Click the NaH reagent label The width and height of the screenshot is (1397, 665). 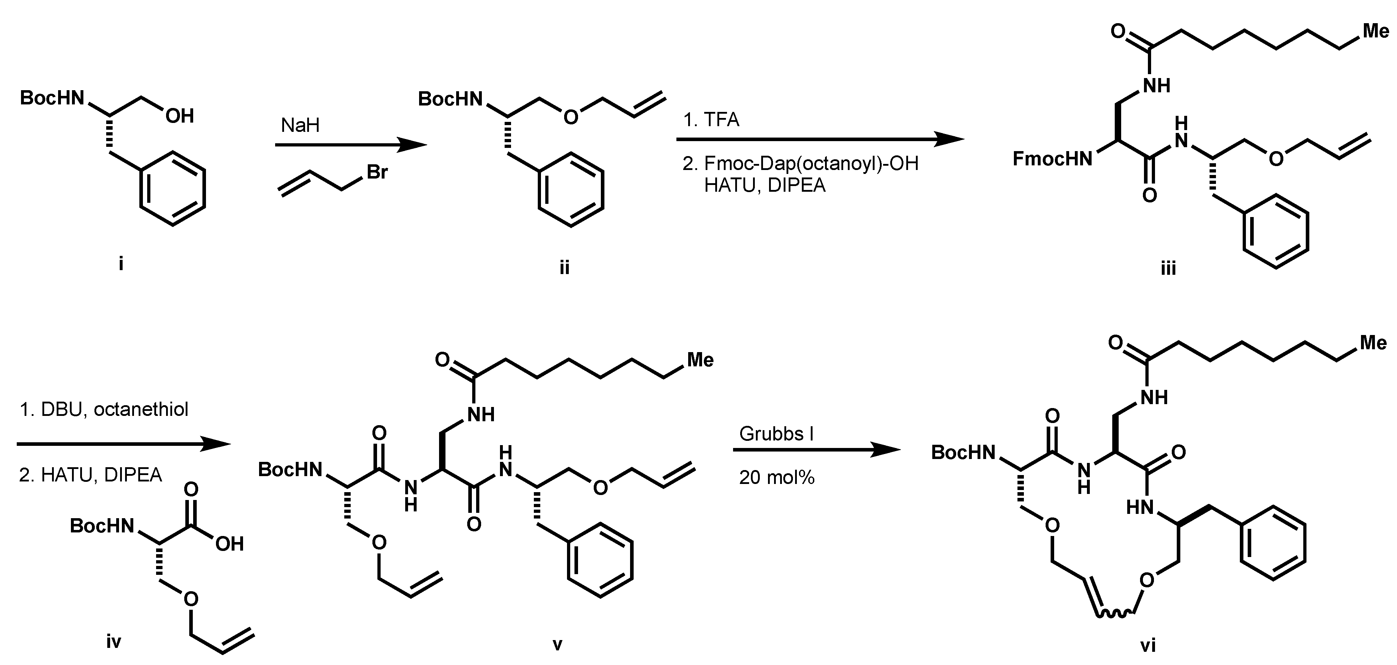coord(300,126)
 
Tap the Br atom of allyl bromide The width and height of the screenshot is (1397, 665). coord(377,172)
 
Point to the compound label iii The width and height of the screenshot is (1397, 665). coord(1168,268)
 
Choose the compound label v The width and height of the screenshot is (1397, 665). coord(557,644)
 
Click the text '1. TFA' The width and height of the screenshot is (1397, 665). coord(711,119)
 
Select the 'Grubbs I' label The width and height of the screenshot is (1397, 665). coord(775,434)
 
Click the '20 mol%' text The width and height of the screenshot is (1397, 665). coord(777,477)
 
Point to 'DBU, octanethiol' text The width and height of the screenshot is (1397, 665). coord(114,409)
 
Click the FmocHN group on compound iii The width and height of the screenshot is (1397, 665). coord(1052,159)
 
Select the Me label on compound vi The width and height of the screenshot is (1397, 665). coord(1373,343)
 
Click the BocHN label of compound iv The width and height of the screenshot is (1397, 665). coord(102,526)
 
